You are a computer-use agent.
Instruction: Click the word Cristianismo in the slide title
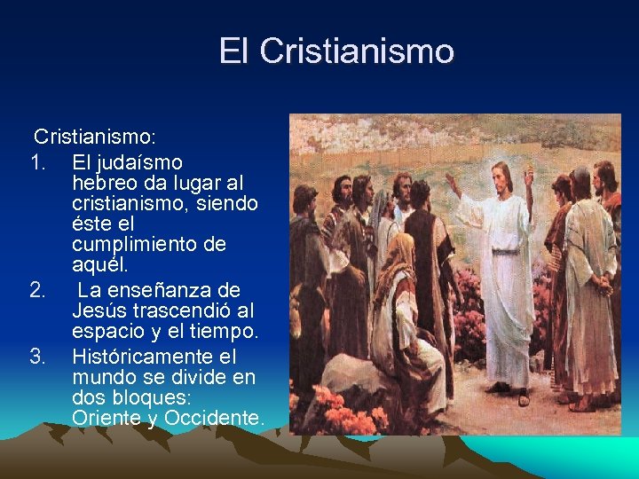(x=357, y=51)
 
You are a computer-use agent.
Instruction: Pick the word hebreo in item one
(x=104, y=183)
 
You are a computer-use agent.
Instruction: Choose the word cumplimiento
(x=149, y=244)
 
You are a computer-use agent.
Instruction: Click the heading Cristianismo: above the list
(x=95, y=137)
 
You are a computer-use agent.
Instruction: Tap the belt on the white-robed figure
(x=505, y=251)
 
